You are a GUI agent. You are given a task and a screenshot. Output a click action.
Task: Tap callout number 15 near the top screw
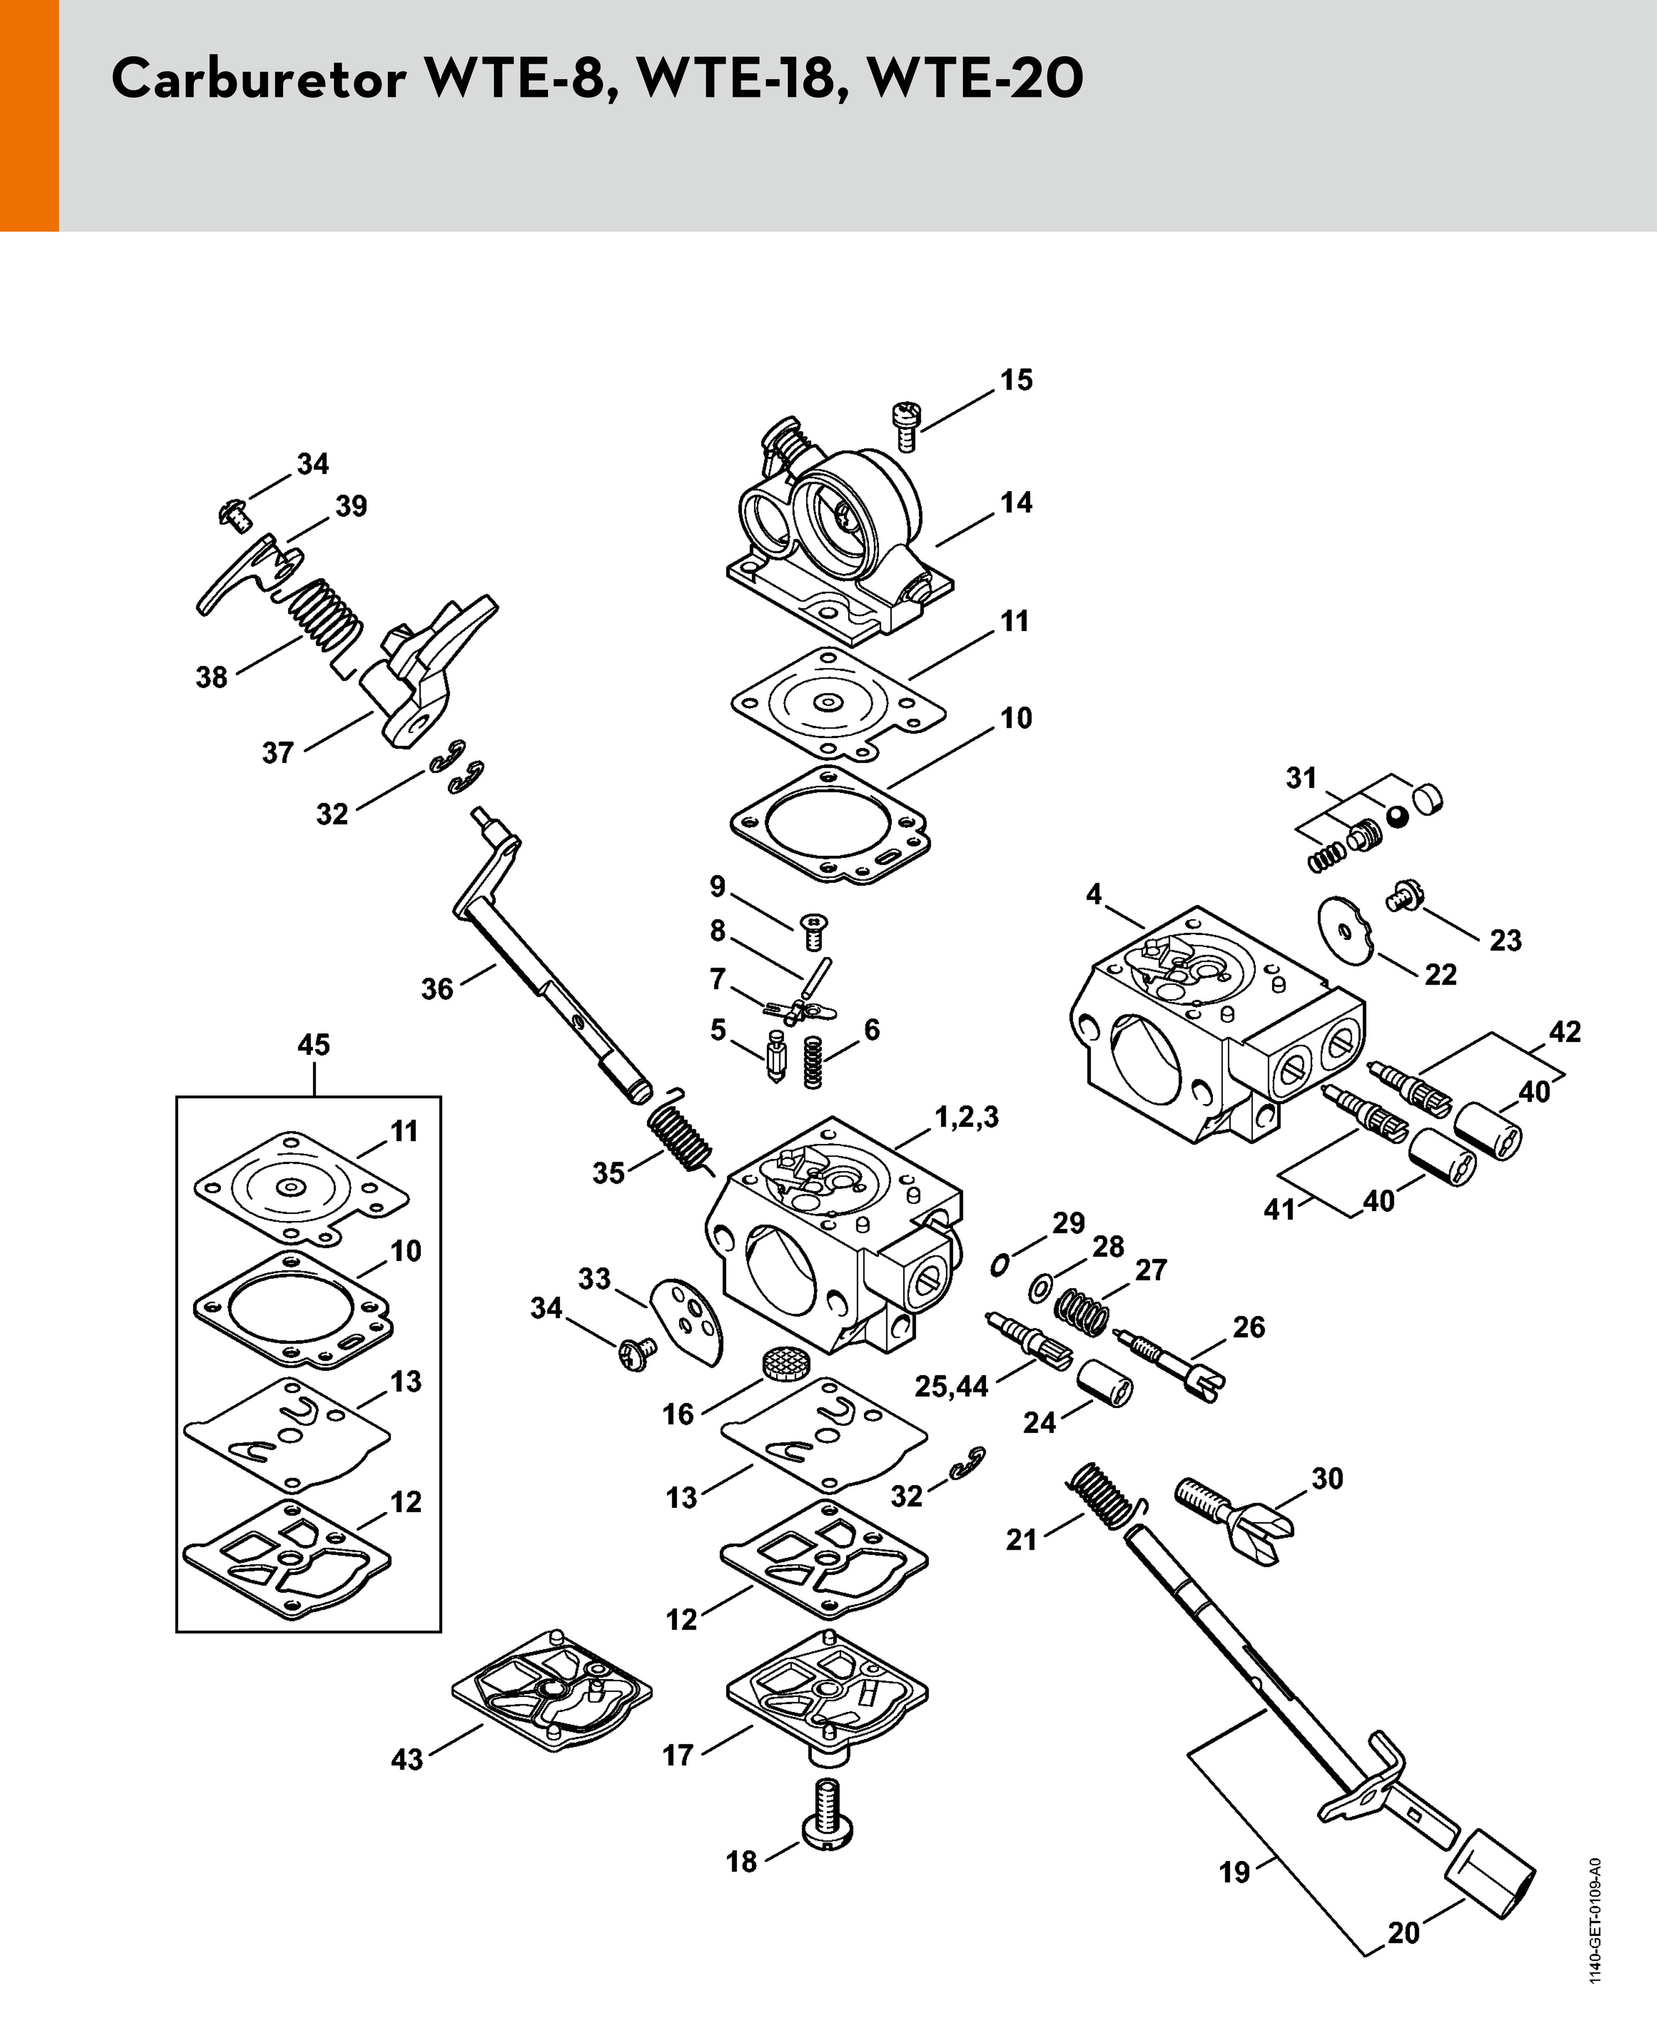pos(1016,380)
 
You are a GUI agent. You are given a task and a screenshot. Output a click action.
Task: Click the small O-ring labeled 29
pos(1000,1264)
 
